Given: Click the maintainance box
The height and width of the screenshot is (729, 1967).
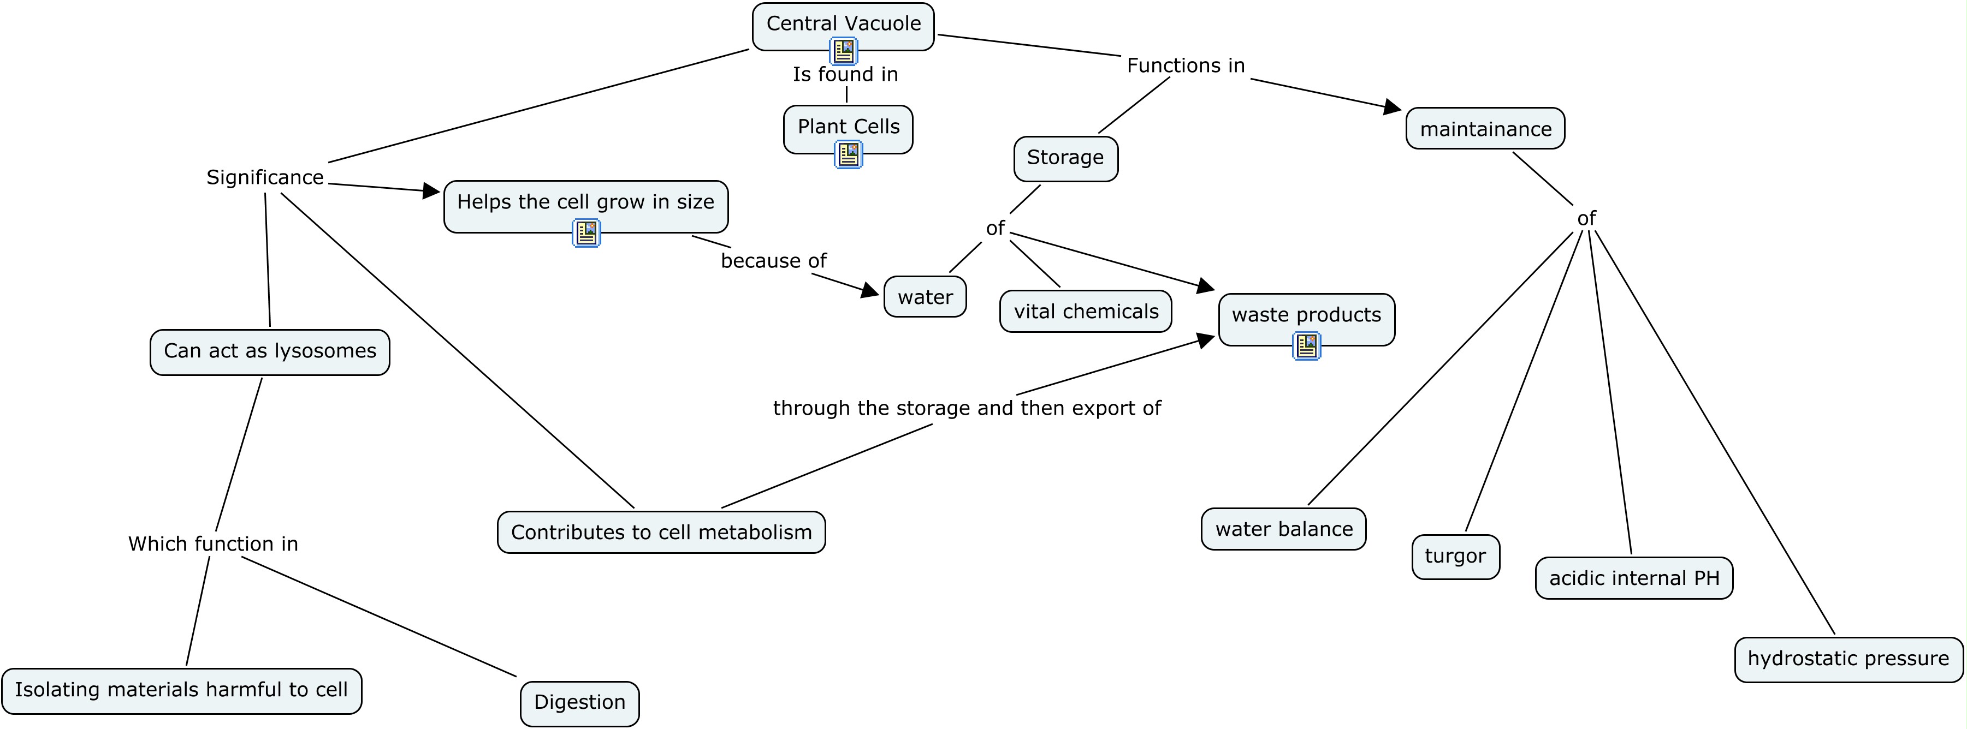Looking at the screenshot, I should (x=1485, y=129).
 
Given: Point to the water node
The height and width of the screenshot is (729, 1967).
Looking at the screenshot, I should (x=925, y=297).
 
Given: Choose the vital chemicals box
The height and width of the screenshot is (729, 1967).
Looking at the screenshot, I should (x=1085, y=312).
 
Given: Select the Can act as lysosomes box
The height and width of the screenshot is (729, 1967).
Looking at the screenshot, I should (x=270, y=352).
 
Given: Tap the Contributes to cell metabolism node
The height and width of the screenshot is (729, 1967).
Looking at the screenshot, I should (x=661, y=532).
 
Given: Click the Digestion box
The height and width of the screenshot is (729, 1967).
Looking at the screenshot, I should (x=579, y=702).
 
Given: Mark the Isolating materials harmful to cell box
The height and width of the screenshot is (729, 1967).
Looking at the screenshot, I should (x=182, y=690).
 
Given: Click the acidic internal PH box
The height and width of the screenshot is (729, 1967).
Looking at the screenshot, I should (x=1633, y=578).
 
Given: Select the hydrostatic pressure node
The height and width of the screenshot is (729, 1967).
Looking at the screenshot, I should (x=1848, y=659).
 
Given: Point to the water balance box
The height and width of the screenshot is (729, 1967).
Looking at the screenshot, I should (x=1284, y=529).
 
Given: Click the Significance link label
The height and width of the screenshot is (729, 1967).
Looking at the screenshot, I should (x=265, y=178).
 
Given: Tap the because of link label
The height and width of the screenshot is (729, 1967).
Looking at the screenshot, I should (x=773, y=261).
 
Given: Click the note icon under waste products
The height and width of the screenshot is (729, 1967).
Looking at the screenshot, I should (x=1306, y=346).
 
